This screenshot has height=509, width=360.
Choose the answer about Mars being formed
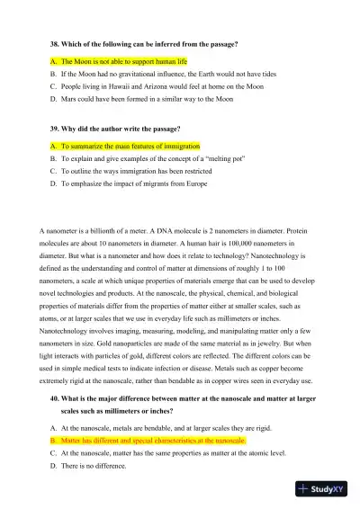point(153,103)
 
